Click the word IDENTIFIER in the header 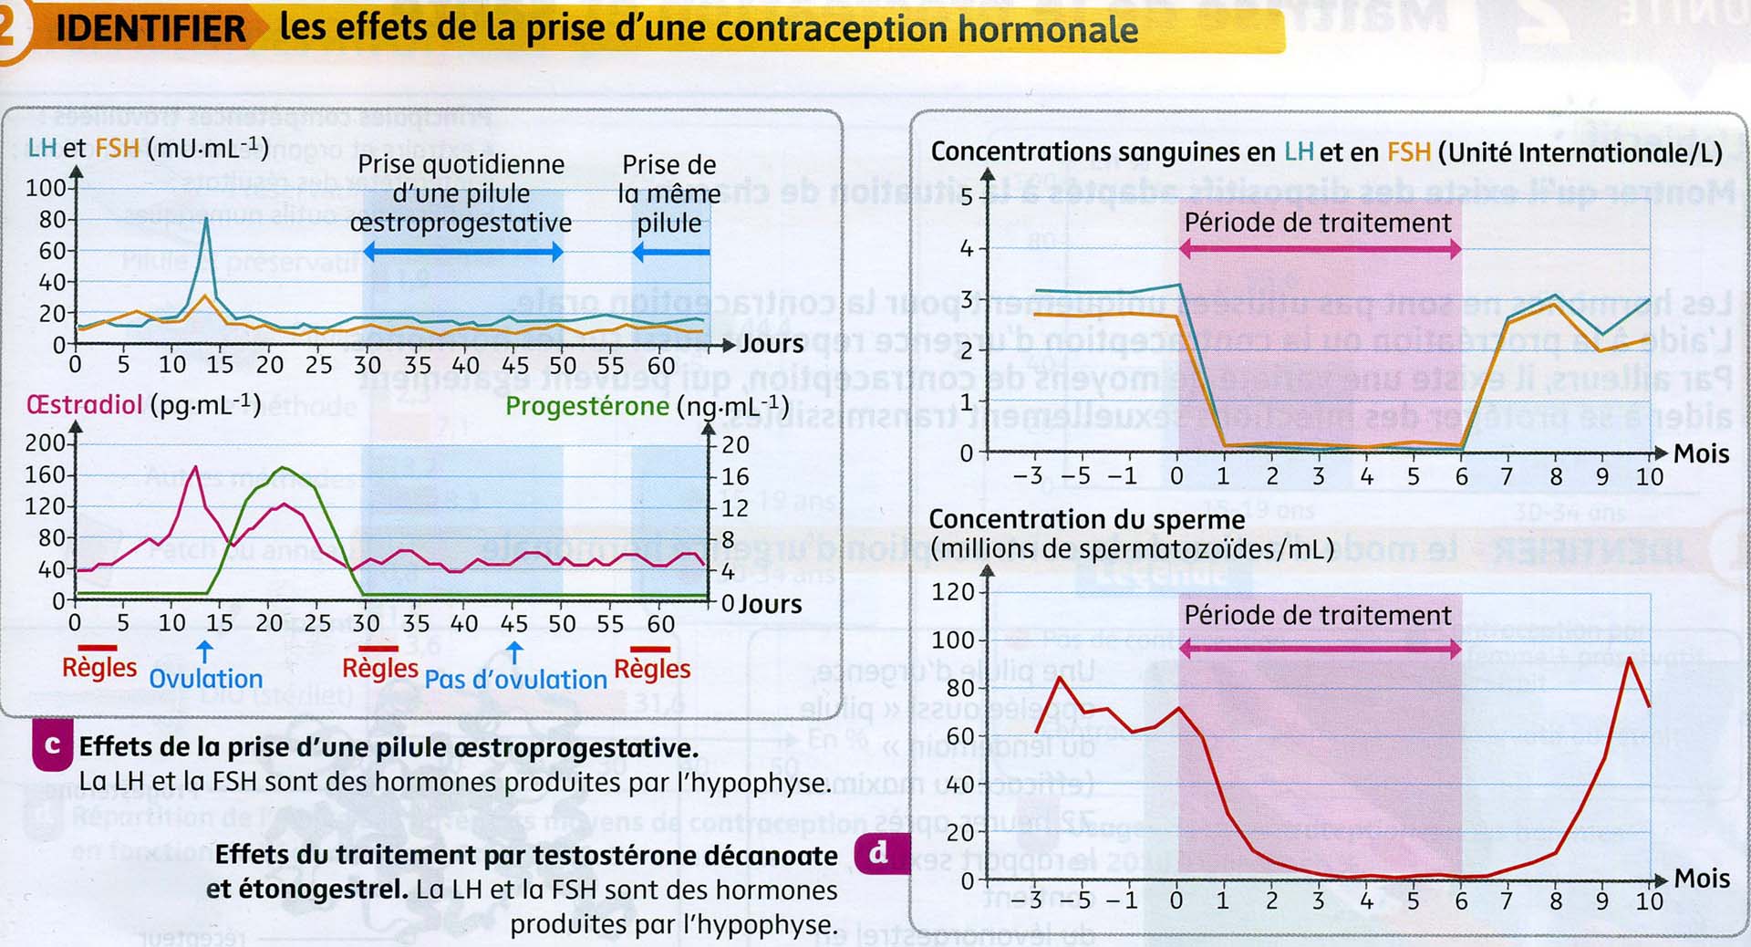pos(150,28)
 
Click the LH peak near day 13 pos(206,219)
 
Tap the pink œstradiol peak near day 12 pos(194,468)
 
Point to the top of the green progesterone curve pos(285,468)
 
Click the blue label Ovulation pos(206,679)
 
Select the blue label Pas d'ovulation pos(515,680)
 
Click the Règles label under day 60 pos(652,669)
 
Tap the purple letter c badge pos(53,745)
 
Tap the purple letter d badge pos(878,853)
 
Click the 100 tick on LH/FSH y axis pos(46,188)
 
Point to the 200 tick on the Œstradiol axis pos(46,443)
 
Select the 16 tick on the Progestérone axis pos(735,476)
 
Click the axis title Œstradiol pos(85,404)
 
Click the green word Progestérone pos(586,406)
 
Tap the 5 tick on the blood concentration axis pos(967,197)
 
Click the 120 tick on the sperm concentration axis pos(952,592)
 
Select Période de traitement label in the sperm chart pos(1318,615)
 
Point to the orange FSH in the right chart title pos(1408,151)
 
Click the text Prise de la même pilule pos(669,193)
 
